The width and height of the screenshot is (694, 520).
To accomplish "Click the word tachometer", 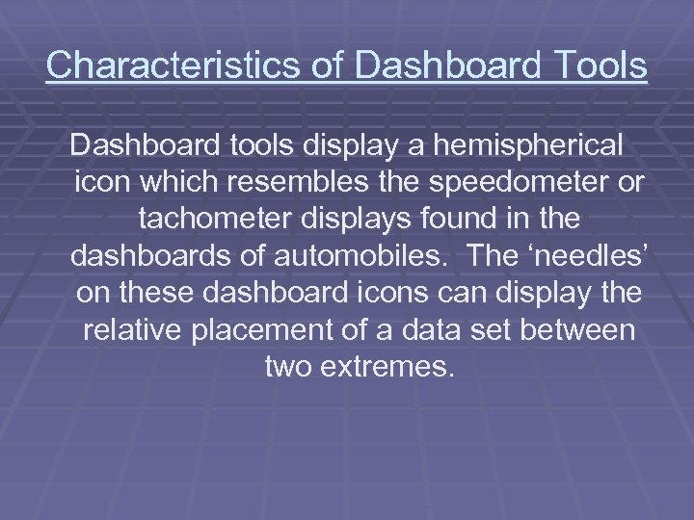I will click(224, 220).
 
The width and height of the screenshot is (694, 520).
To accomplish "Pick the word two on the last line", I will click(285, 366).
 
